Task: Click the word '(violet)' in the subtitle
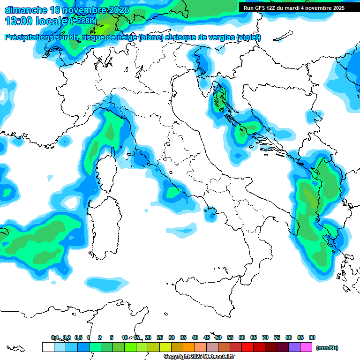tap(249, 37)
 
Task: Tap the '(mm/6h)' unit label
tap(327, 348)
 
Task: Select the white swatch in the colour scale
tap(48, 347)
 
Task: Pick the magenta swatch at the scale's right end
tap(306, 347)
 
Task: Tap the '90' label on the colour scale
tap(312, 337)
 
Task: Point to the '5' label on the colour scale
tap(112, 337)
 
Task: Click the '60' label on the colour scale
tap(242, 337)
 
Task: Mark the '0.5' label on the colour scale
tap(78, 337)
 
